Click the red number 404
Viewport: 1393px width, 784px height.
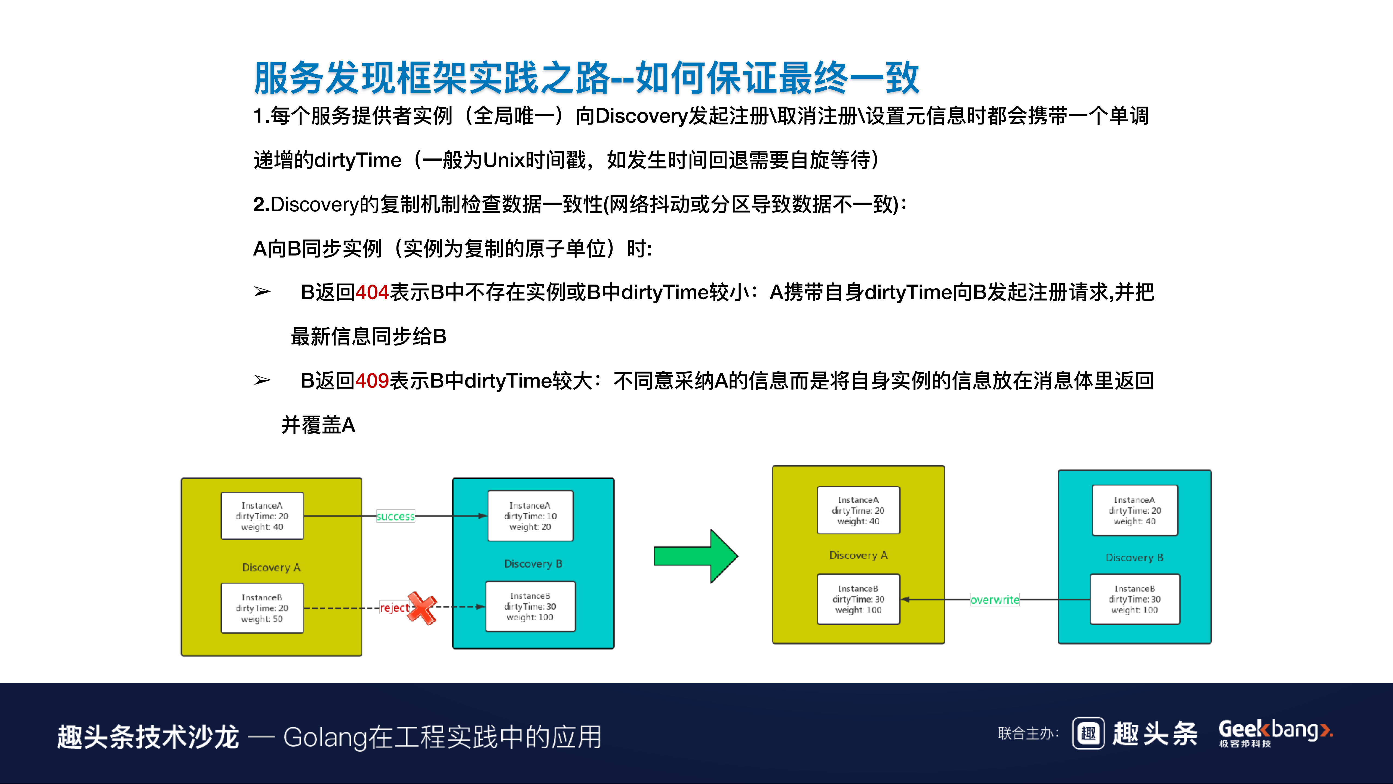click(x=372, y=292)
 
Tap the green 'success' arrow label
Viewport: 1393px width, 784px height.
click(x=395, y=516)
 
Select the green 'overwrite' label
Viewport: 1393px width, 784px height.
click(x=994, y=599)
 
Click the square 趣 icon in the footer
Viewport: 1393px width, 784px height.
click(x=1088, y=734)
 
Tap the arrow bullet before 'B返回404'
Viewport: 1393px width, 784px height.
click(x=262, y=292)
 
